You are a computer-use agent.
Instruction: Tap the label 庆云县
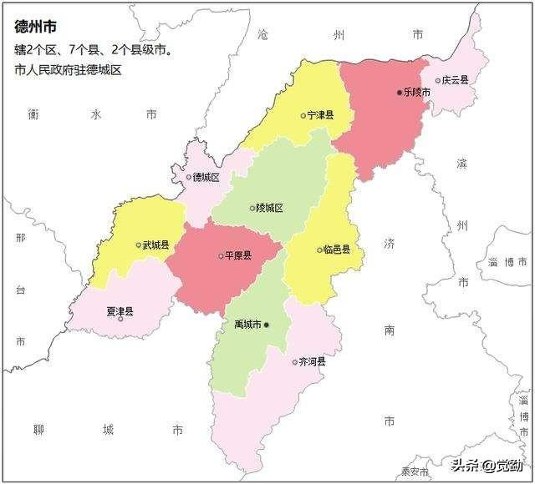456,81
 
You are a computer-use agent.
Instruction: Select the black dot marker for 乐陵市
400,92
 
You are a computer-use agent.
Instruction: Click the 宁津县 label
321,116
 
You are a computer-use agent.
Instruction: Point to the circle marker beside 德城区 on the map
189,177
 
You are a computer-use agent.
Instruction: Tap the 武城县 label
156,245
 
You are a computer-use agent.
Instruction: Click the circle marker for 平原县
222,256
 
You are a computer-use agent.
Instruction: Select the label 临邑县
338,250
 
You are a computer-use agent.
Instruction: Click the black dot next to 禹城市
267,325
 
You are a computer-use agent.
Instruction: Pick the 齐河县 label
313,362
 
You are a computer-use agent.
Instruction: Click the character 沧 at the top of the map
265,35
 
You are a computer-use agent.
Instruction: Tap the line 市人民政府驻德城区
68,70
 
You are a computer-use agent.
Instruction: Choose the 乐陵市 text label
417,92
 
